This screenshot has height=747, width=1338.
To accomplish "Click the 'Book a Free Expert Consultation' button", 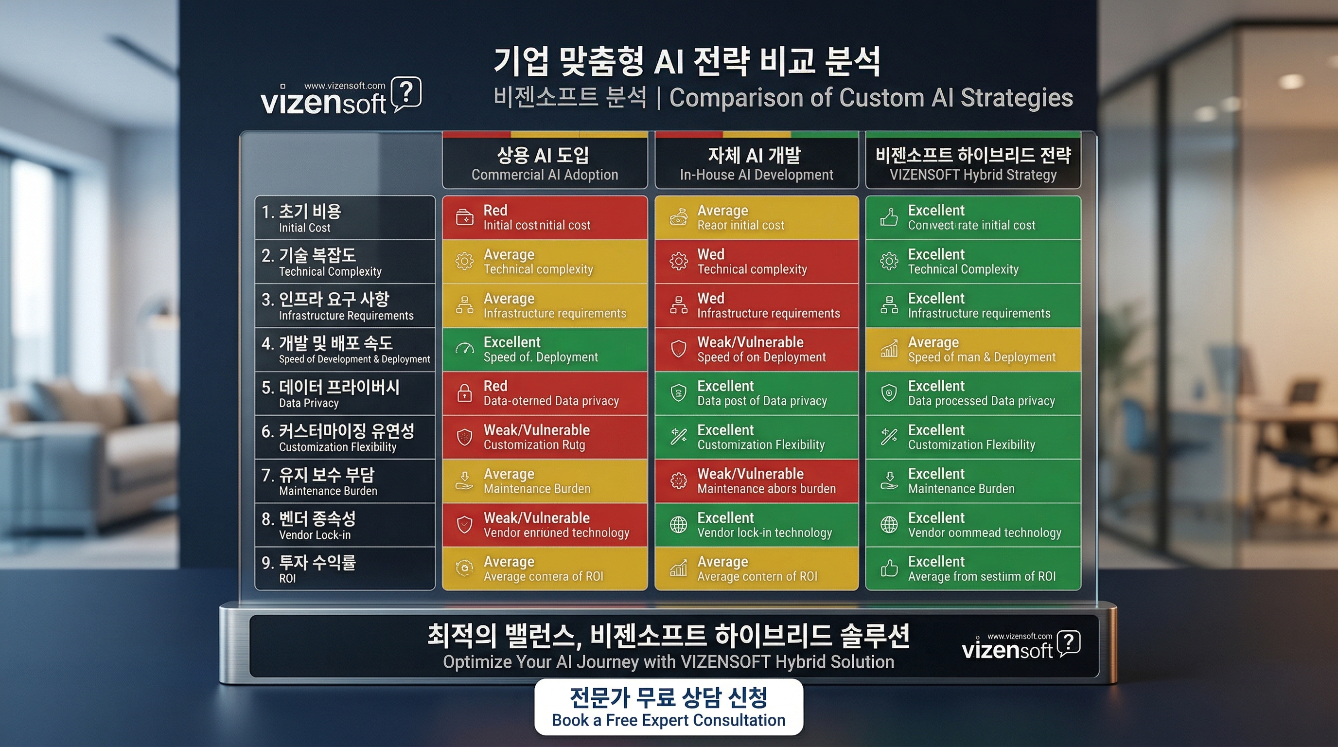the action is point(669,707).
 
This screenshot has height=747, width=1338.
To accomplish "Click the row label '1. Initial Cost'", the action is point(345,218).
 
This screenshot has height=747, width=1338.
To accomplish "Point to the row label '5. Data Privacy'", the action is point(345,393).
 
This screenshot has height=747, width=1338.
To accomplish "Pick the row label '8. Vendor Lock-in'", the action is point(345,525).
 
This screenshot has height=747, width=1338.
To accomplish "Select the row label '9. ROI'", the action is point(345,569).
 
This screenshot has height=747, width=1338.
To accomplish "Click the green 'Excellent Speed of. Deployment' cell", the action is point(545,350).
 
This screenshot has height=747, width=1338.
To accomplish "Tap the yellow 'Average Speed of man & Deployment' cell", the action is point(973,350).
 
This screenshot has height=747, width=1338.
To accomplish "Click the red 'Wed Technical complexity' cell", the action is point(756,262).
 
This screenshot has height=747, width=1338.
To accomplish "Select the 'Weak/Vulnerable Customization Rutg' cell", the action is point(545,437).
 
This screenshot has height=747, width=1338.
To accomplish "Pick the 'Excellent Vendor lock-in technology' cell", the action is point(756,525).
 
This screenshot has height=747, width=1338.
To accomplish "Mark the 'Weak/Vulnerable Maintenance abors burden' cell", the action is point(756,481).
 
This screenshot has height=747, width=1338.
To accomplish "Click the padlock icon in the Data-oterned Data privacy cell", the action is point(464,393).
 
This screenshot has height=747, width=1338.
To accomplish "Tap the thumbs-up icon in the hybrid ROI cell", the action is point(889,569).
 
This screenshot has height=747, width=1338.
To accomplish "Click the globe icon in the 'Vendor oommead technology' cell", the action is point(889,525).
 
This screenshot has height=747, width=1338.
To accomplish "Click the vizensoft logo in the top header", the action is point(341,96).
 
